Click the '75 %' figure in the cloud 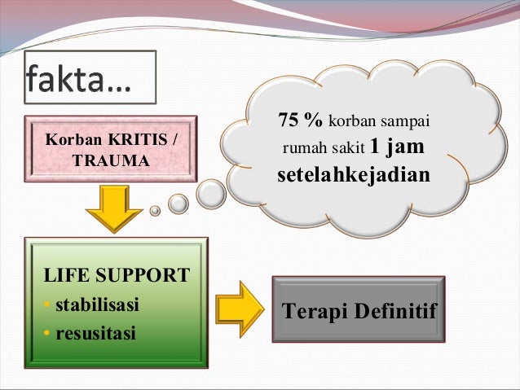click(300, 121)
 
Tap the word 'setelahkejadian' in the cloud click(353, 175)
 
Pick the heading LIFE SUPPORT click(115, 275)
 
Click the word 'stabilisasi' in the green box click(96, 305)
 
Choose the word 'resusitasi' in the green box click(95, 334)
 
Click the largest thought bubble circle click(211, 193)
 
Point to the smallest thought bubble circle click(155, 210)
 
